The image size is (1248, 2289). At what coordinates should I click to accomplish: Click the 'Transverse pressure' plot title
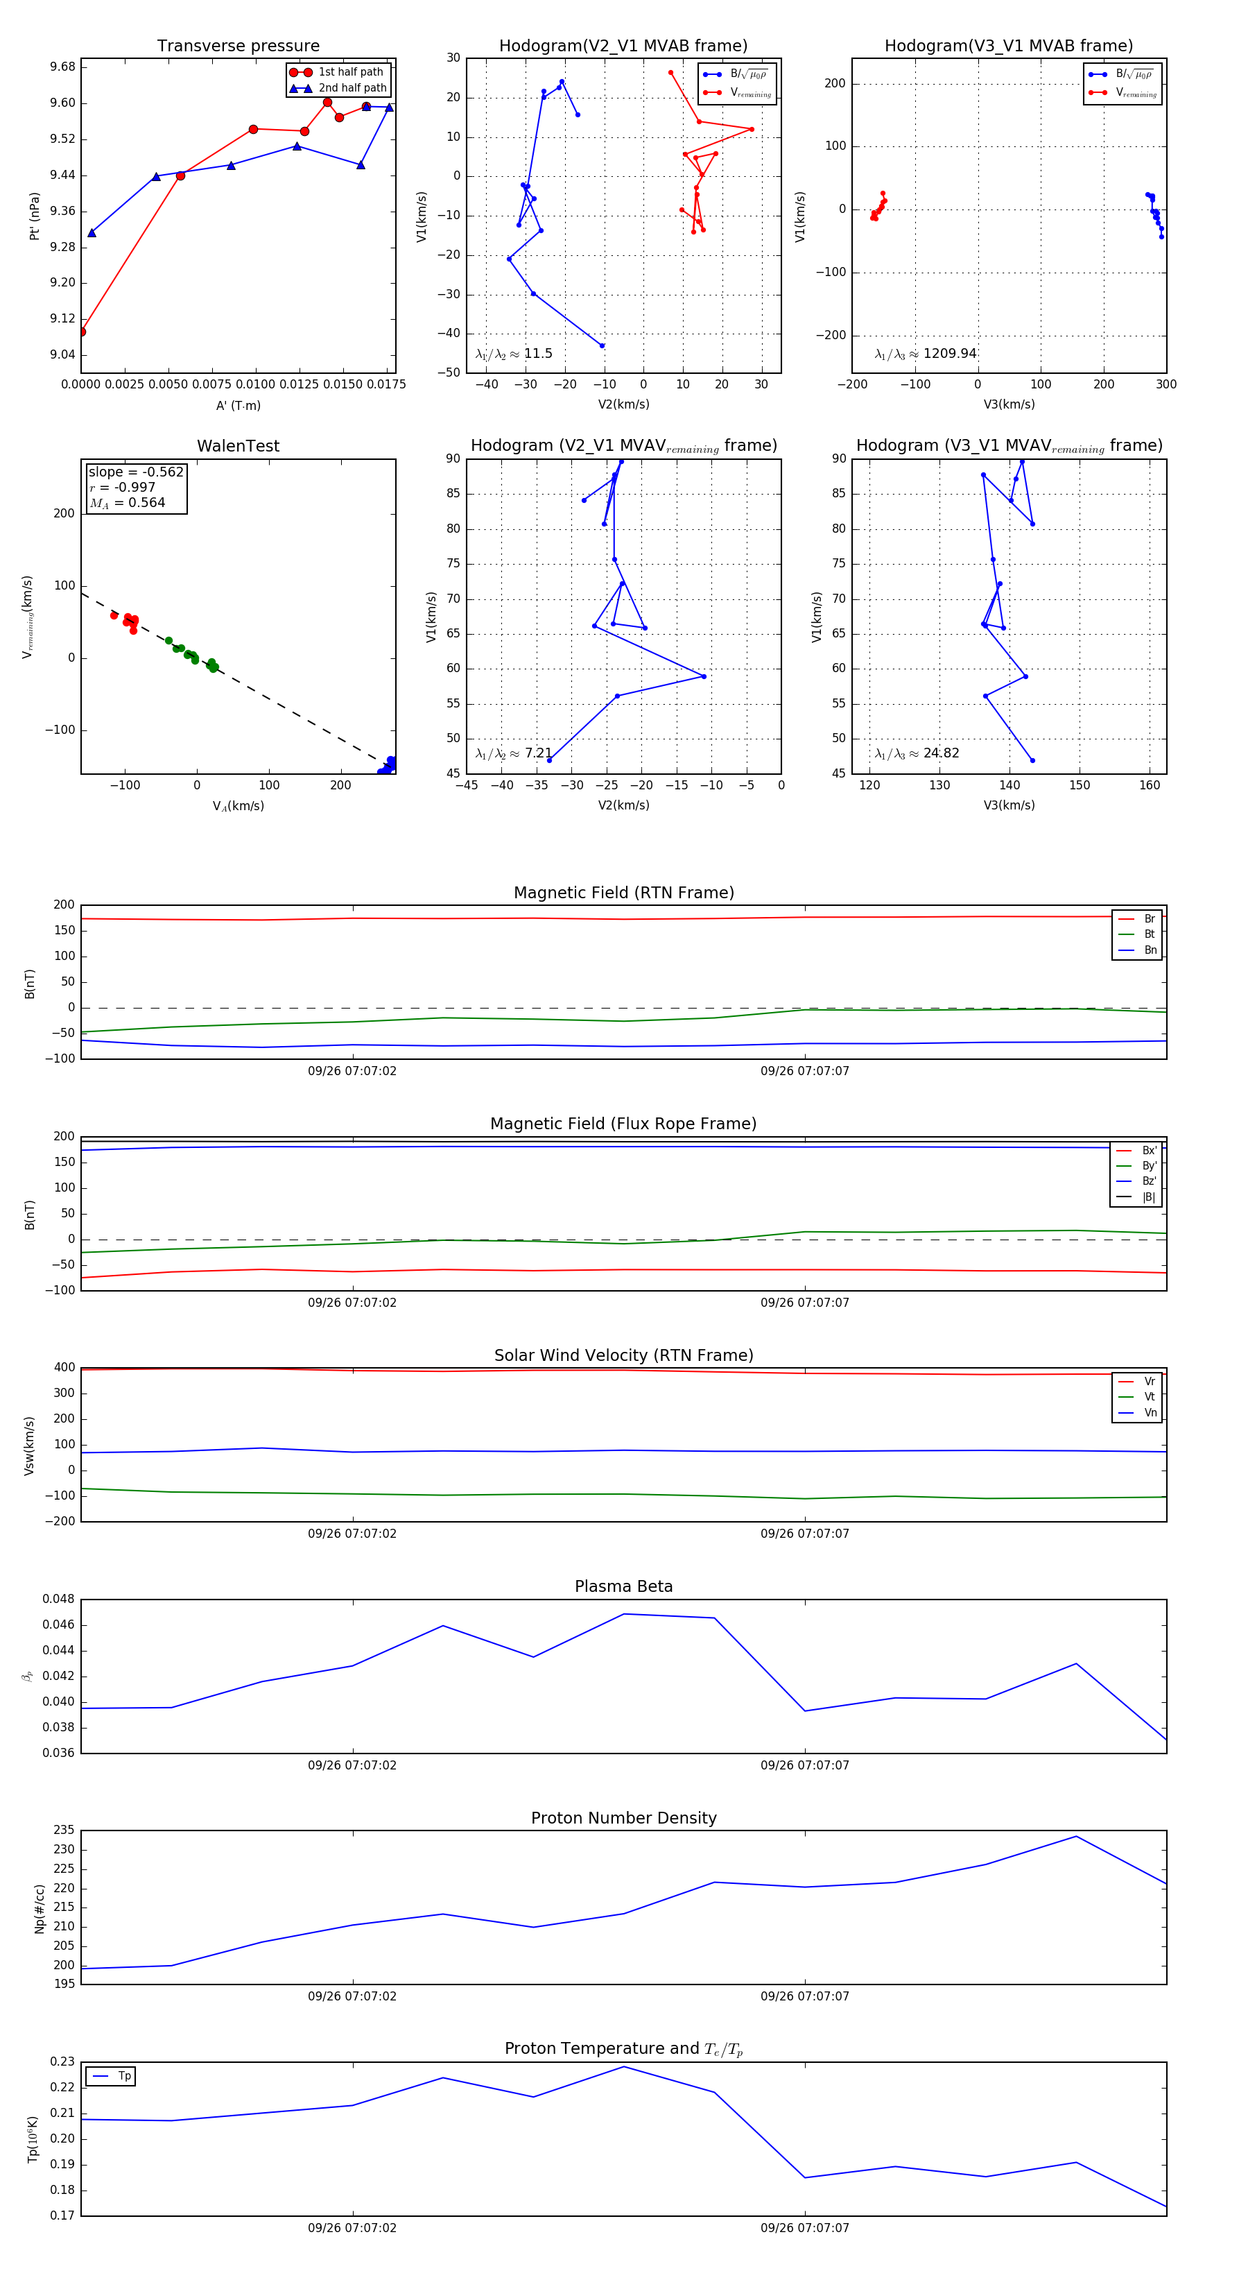point(238,46)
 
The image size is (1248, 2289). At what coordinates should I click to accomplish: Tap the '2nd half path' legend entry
point(352,88)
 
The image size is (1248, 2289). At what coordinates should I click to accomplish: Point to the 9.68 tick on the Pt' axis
point(62,67)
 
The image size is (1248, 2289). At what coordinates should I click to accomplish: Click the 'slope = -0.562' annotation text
point(136,472)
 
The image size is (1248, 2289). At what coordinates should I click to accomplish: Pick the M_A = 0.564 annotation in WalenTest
point(127,503)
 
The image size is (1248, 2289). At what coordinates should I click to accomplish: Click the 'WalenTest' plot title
point(238,446)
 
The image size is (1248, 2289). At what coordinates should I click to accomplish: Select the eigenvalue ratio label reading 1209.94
point(926,354)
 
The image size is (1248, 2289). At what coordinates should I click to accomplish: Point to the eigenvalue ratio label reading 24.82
point(917,753)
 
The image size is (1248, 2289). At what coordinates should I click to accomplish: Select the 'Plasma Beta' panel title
point(623,1586)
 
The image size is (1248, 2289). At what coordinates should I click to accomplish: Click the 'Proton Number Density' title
point(623,1818)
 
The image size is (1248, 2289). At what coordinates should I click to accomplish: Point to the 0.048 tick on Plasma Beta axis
point(59,1600)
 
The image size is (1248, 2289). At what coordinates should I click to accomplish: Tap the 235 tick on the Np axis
point(64,1831)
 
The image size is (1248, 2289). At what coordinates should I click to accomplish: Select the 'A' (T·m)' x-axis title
point(238,405)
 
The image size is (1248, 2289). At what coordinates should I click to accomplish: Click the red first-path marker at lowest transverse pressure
point(82,332)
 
